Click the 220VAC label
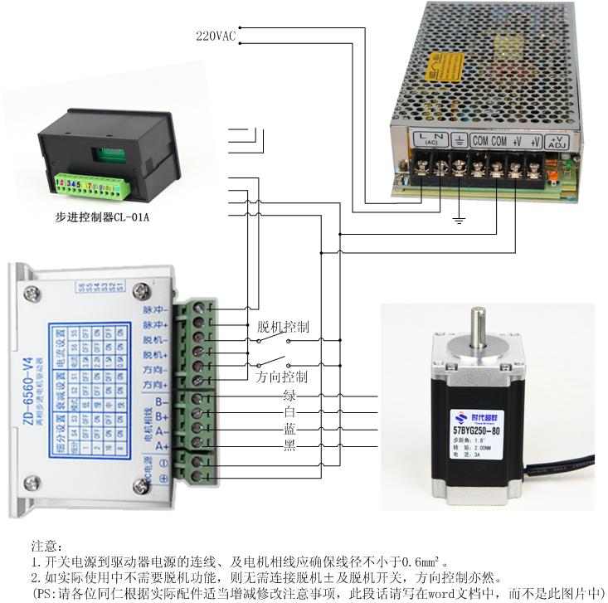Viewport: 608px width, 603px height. pos(215,36)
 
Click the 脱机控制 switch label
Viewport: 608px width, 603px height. pos(283,327)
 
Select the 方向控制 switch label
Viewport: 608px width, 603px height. pos(281,377)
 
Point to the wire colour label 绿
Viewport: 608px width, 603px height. pos(289,396)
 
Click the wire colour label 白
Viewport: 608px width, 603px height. pos(289,412)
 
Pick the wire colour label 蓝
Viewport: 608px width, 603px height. pos(289,429)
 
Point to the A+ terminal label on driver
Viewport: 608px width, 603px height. pos(162,446)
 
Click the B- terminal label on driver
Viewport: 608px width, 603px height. pos(162,401)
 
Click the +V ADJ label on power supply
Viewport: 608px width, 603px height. pos(557,143)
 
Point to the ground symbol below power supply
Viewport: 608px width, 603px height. pos(457,221)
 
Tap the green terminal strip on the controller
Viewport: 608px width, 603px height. pos(90,182)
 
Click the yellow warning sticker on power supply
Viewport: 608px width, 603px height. pos(440,61)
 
